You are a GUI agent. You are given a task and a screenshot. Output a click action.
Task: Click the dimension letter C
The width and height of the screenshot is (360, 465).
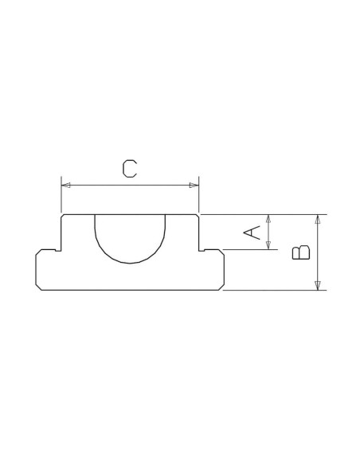130,169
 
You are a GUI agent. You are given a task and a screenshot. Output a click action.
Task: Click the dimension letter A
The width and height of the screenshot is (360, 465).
252,232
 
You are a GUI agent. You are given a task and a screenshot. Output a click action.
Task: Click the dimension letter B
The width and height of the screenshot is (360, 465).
301,252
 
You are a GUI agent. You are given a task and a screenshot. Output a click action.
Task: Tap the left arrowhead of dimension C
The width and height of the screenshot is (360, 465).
66,186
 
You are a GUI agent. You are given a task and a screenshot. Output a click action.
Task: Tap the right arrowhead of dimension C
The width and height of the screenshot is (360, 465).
194,186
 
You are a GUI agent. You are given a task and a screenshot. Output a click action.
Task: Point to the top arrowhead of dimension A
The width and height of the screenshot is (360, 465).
268,218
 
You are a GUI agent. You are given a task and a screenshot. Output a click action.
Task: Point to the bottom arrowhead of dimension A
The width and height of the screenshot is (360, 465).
268,245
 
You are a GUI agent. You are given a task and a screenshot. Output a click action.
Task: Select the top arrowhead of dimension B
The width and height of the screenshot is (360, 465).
318,219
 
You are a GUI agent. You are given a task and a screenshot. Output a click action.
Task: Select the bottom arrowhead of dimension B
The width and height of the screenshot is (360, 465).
318,286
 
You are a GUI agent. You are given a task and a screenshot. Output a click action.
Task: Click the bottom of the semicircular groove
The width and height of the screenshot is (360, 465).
130,263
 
